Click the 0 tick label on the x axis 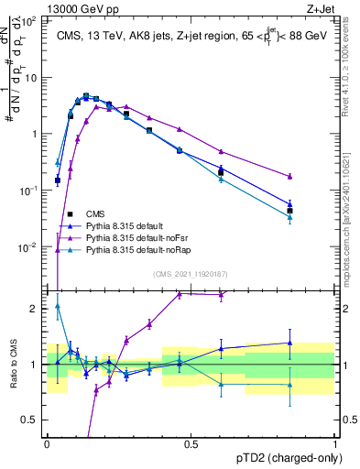point(47,444)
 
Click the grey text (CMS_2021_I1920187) point(191,274)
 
